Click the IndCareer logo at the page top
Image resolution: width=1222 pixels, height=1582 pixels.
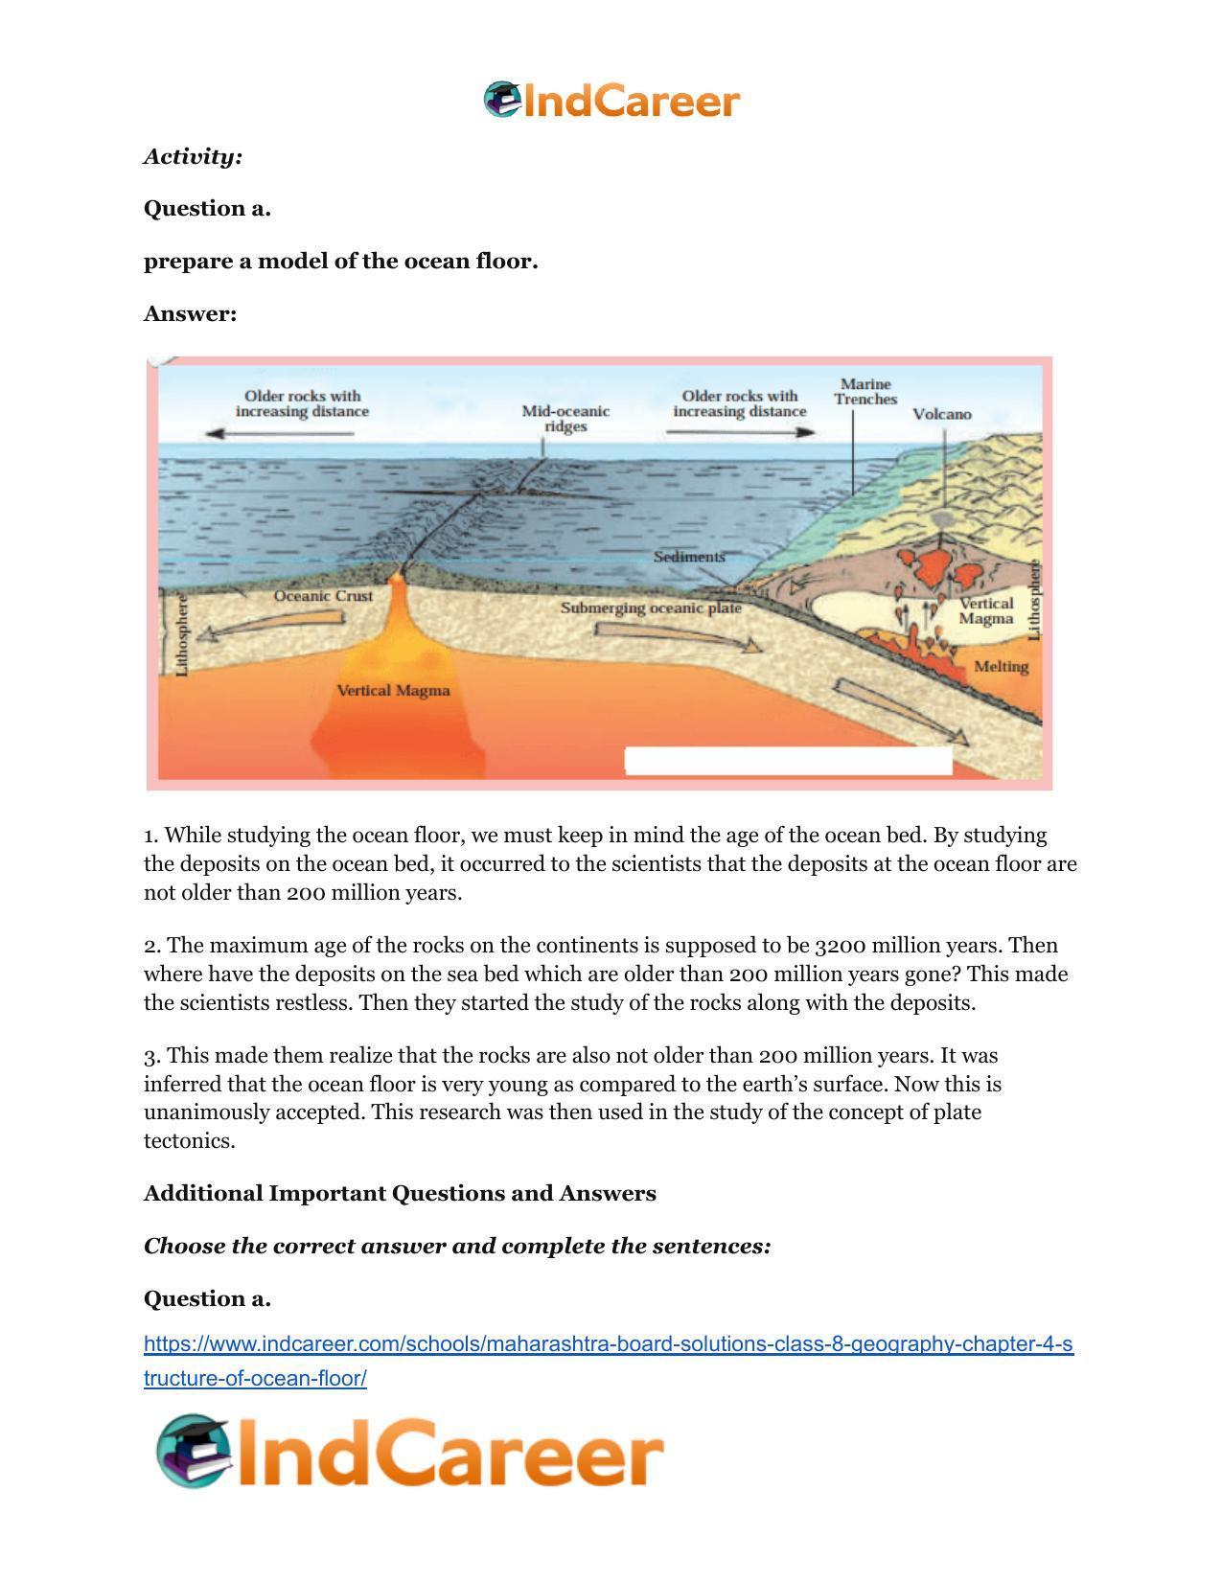611,101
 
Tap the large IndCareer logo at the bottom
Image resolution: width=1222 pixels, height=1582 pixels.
410,1452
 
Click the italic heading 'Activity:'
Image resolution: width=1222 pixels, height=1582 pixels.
193,156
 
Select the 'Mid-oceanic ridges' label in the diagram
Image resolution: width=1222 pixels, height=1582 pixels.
565,418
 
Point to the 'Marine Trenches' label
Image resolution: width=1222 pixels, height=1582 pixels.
865,391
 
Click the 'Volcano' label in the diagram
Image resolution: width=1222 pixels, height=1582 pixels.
941,414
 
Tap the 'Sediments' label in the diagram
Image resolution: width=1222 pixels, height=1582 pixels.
689,556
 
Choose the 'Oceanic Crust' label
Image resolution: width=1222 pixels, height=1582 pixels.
323,595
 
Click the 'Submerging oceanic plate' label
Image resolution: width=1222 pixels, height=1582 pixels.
651,608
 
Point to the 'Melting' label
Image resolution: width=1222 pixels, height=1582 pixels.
1001,666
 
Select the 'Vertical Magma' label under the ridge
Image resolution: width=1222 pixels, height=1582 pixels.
393,690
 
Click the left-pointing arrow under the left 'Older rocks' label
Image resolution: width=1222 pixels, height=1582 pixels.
280,433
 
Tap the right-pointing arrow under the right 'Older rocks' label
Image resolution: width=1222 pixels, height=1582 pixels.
740,432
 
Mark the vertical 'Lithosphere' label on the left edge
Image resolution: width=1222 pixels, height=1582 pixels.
183,634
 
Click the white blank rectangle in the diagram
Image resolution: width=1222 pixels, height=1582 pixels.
788,761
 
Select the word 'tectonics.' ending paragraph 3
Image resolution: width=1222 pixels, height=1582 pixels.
189,1140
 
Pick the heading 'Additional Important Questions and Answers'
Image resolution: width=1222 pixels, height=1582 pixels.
400,1193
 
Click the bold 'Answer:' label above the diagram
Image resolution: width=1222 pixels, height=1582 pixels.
190,313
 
